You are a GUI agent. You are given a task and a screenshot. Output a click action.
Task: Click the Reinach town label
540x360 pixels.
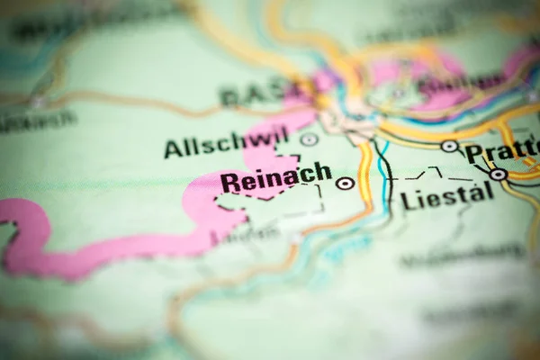coord(275,180)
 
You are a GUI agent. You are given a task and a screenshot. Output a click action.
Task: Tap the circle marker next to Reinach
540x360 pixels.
coord(345,184)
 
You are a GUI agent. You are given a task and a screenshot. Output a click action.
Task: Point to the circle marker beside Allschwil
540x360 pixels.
coord(309,139)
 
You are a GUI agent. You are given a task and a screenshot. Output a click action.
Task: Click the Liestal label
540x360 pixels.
coord(447,195)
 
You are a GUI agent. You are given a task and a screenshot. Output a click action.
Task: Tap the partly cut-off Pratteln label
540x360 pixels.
coord(502,149)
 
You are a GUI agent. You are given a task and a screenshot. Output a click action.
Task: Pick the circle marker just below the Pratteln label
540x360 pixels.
coord(498,175)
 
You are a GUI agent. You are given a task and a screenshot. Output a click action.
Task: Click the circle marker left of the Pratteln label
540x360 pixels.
coord(449,146)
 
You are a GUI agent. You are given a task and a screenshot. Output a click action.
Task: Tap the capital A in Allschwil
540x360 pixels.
coord(173,148)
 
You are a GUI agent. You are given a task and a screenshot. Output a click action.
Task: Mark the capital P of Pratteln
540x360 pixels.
coord(474,153)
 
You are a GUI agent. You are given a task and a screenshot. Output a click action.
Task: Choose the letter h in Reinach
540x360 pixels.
coord(322,172)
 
